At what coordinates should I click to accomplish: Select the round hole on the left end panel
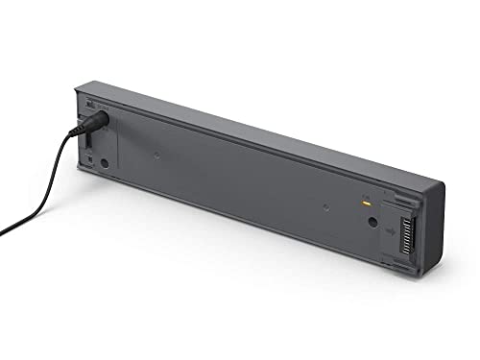pos(104,163)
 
